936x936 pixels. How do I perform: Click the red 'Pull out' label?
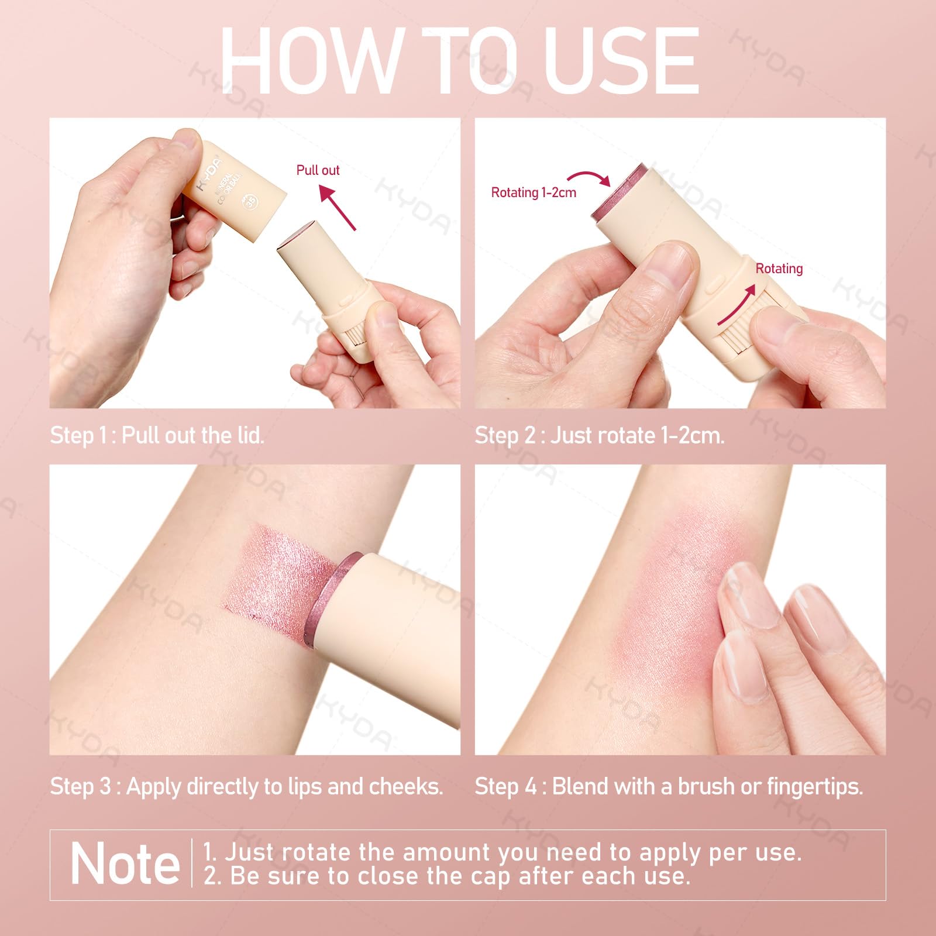coord(318,170)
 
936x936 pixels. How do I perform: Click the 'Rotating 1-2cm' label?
coord(534,192)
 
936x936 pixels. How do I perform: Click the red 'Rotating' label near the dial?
coord(779,269)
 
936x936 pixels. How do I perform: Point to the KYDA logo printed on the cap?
coord(209,174)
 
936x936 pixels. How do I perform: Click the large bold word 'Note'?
coord(125,864)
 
